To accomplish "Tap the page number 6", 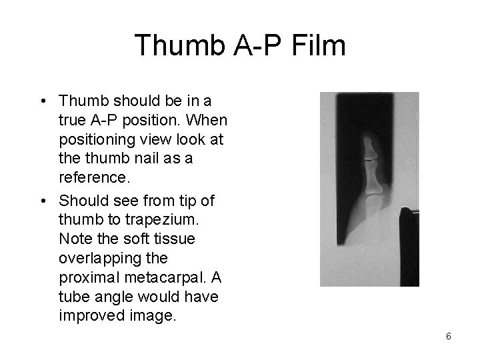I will click(x=448, y=336).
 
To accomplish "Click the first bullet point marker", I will click(x=42, y=102).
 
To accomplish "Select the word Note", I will click(x=74, y=239).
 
